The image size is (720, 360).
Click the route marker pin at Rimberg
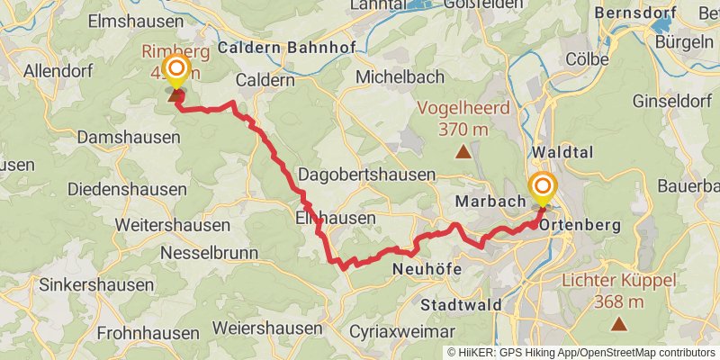[175, 71]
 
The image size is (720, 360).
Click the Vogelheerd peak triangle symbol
[463, 152]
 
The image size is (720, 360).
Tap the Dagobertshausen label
[366, 175]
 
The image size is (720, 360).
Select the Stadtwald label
[461, 304]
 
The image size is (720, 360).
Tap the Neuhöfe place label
[427, 268]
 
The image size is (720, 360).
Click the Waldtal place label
[563, 152]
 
